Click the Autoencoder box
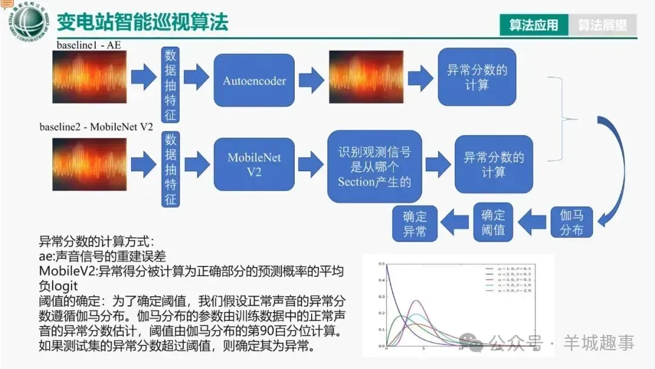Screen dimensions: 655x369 point(254,81)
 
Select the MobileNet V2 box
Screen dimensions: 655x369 point(254,164)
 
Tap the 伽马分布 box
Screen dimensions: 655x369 point(571,223)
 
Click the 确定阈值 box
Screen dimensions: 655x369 point(492,223)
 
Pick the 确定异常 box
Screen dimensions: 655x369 point(415,223)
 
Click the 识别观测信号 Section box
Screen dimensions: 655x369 point(374,166)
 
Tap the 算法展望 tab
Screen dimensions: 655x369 point(602,25)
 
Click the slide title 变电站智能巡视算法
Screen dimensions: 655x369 point(143,22)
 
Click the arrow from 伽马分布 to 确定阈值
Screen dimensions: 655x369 point(532,222)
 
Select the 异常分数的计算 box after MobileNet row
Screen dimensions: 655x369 point(494,164)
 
